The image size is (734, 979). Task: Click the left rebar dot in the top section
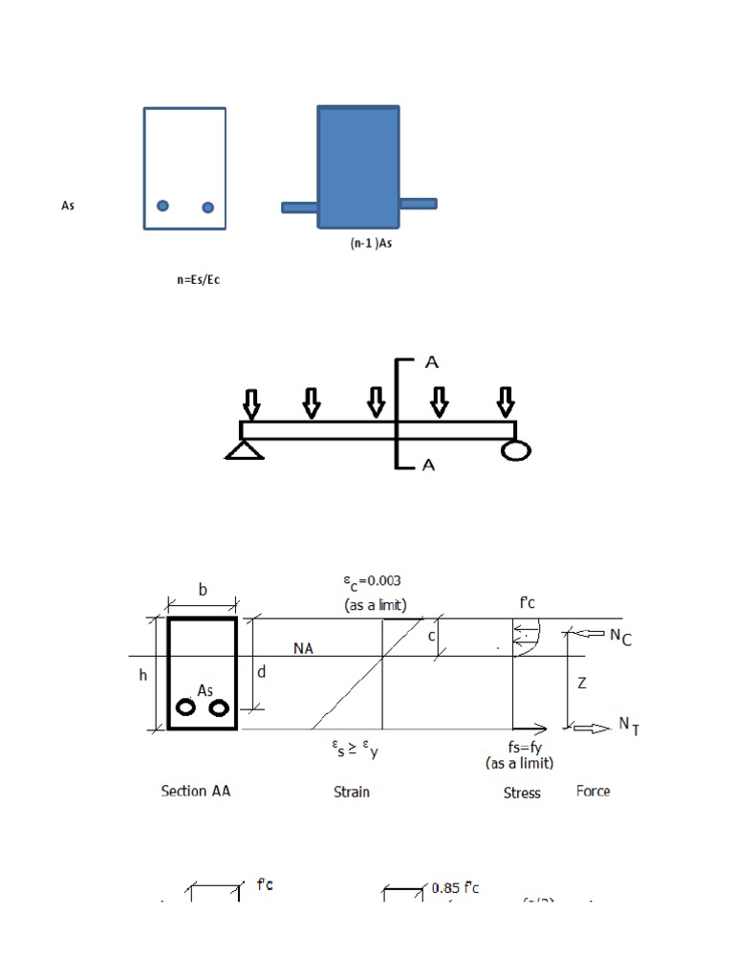point(163,206)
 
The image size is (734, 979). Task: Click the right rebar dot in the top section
point(208,207)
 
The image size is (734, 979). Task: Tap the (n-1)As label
point(370,243)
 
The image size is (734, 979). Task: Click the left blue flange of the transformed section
point(300,207)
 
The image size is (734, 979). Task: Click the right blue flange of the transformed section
point(418,204)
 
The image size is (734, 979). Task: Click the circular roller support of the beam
point(515,449)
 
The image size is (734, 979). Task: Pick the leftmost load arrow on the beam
point(250,403)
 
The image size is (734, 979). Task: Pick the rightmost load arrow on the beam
point(505,402)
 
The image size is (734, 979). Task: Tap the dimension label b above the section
point(203,591)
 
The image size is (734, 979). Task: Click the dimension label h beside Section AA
point(143,675)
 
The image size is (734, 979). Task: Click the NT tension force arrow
point(593,729)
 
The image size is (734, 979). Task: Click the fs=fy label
point(519,749)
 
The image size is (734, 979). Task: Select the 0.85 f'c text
point(455,888)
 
